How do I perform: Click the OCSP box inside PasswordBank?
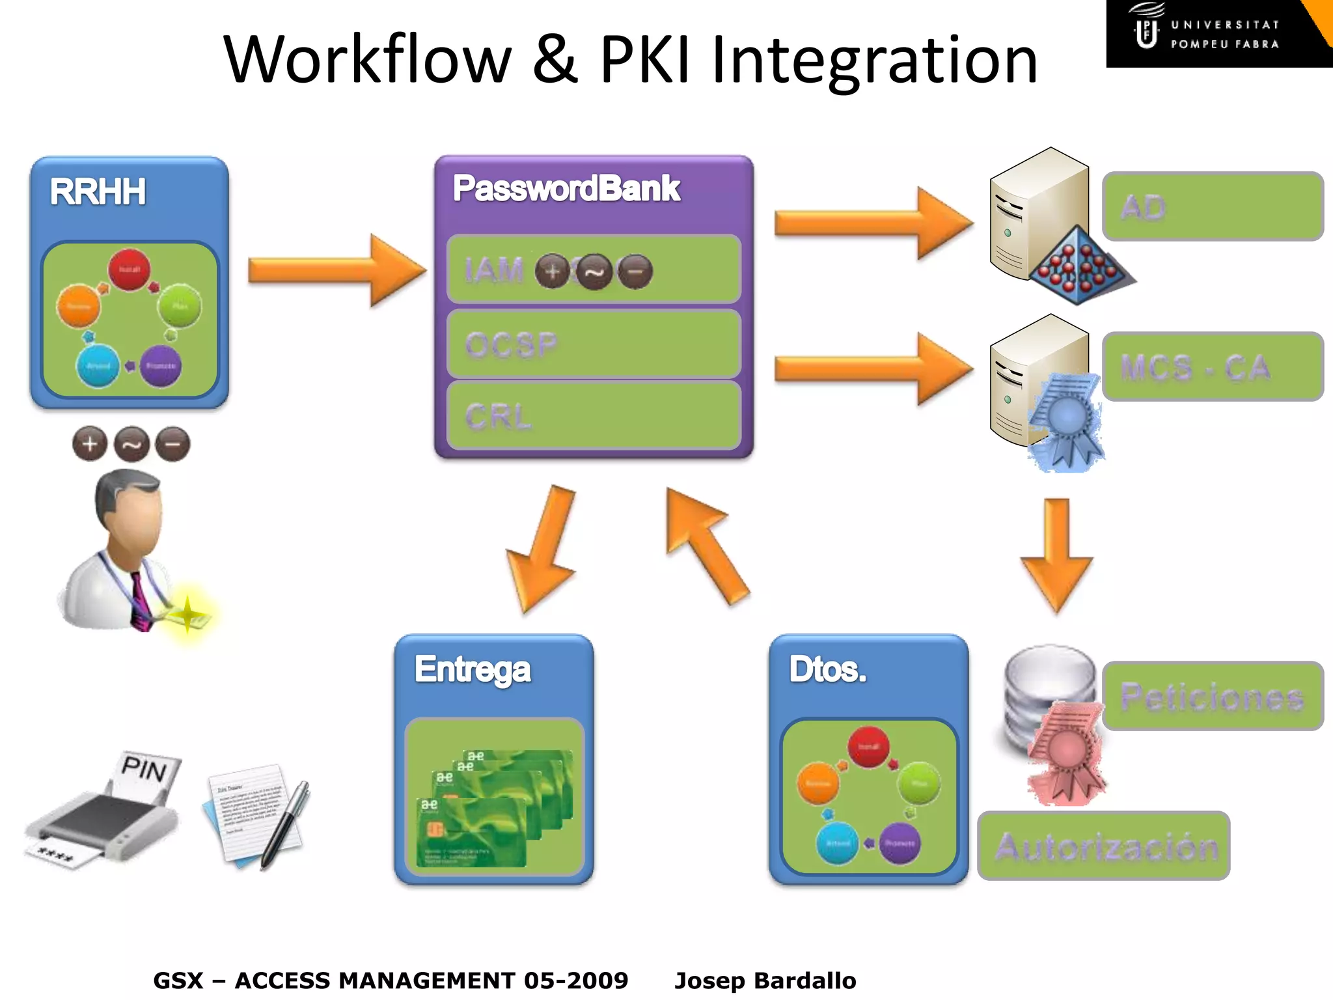coord(594,344)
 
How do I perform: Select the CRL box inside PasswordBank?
coord(594,415)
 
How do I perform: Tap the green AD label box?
coord(1213,206)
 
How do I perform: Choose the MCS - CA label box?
coord(1213,367)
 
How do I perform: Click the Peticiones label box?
coord(1213,696)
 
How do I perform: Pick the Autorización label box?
coord(1104,846)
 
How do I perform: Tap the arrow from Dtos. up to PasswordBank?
coord(706,544)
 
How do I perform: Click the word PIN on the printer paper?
coord(144,770)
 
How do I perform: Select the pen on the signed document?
coord(286,824)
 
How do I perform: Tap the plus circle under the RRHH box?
coord(90,444)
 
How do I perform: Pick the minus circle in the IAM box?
coord(635,271)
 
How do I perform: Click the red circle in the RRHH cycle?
coord(129,269)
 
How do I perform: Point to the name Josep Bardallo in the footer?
coord(765,980)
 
